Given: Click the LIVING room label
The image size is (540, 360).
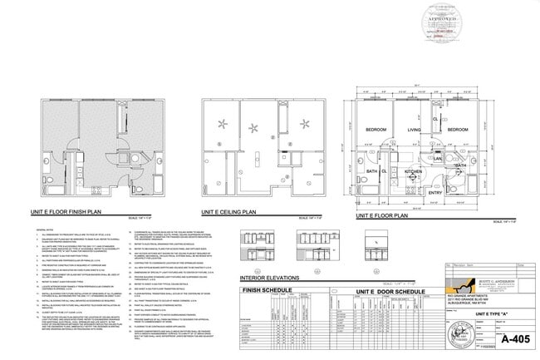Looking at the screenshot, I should click(414, 131).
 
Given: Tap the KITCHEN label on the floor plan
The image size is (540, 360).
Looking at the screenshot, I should click(413, 171).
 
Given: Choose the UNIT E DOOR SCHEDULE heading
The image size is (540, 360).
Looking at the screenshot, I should click(356, 291).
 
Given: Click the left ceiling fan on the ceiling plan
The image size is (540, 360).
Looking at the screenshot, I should click(222, 126).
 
